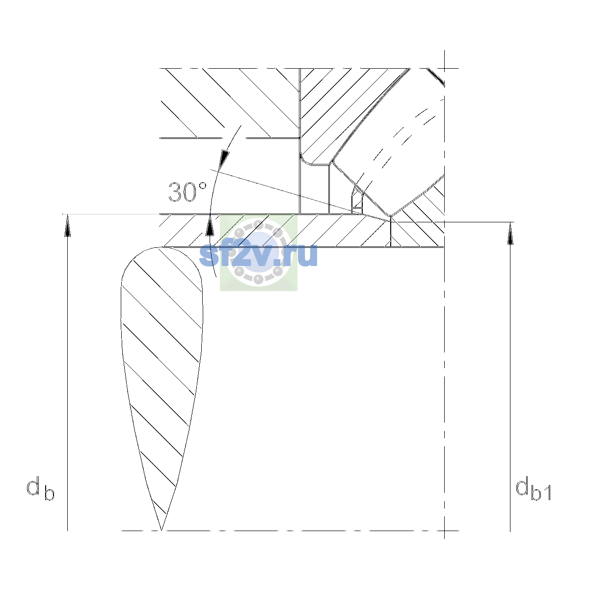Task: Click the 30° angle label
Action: click(x=187, y=192)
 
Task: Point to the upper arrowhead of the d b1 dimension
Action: click(x=510, y=234)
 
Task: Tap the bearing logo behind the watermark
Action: click(x=259, y=252)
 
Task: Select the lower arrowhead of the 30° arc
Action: click(x=210, y=225)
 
